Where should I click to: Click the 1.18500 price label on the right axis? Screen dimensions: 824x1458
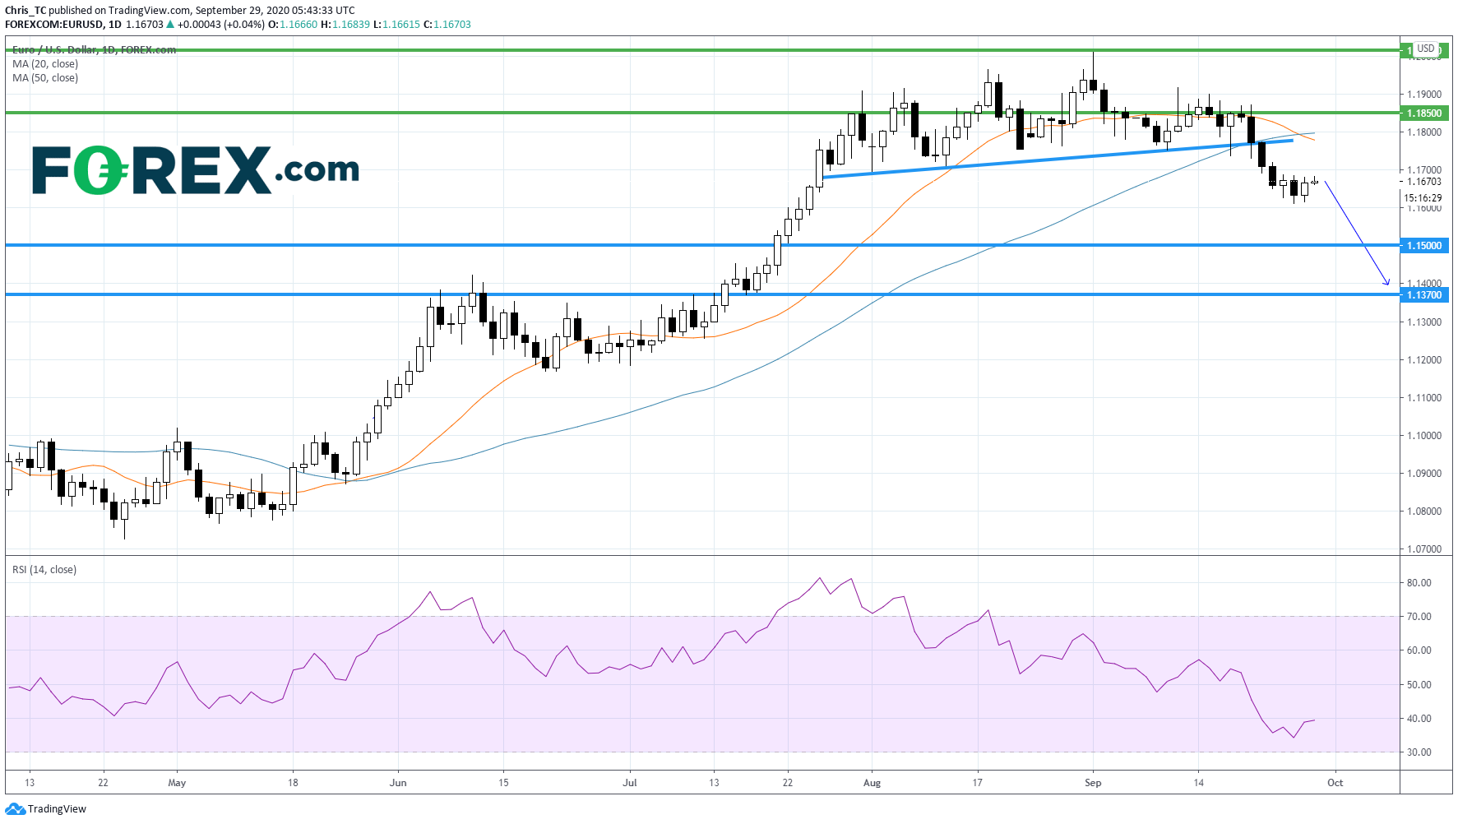1423,113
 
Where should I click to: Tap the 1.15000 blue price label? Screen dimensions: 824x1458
1423,246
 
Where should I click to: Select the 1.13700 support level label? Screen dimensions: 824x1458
1423,295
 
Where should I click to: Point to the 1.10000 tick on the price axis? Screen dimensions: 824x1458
1423,436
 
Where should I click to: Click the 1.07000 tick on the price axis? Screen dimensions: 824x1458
1423,549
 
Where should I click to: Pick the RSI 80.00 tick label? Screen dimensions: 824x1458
1419,583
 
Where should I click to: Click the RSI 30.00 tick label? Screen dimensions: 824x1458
1419,752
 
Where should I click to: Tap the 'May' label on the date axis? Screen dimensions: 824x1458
177,783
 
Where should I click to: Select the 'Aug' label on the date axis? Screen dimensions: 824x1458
872,783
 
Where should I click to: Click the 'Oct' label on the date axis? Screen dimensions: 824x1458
1335,783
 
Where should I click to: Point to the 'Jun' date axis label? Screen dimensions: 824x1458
398,783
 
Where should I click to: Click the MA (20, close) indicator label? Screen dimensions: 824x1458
45,64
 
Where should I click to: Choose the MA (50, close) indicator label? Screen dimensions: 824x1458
45,78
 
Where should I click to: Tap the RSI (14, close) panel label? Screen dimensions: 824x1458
44,570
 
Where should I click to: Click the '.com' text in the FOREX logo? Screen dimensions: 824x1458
317,169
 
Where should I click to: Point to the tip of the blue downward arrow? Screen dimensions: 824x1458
1389,285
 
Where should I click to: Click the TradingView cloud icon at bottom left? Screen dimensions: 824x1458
15,809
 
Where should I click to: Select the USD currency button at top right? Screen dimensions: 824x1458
1425,49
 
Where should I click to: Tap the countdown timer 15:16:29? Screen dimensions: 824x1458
1423,198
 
